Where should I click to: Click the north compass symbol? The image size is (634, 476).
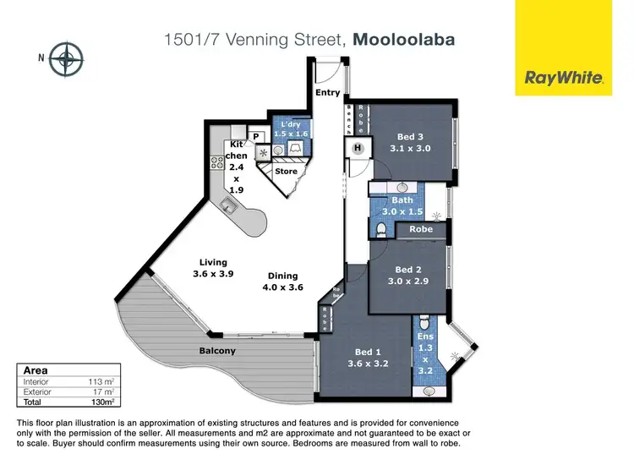pyautogui.click(x=65, y=59)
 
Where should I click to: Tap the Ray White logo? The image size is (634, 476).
pyautogui.click(x=564, y=78)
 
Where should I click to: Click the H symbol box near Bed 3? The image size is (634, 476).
pyautogui.click(x=357, y=148)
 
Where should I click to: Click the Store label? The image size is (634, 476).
pyautogui.click(x=287, y=171)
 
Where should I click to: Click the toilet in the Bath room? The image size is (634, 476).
pyautogui.click(x=381, y=228)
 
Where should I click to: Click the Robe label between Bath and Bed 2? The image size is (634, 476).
pyautogui.click(x=420, y=229)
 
